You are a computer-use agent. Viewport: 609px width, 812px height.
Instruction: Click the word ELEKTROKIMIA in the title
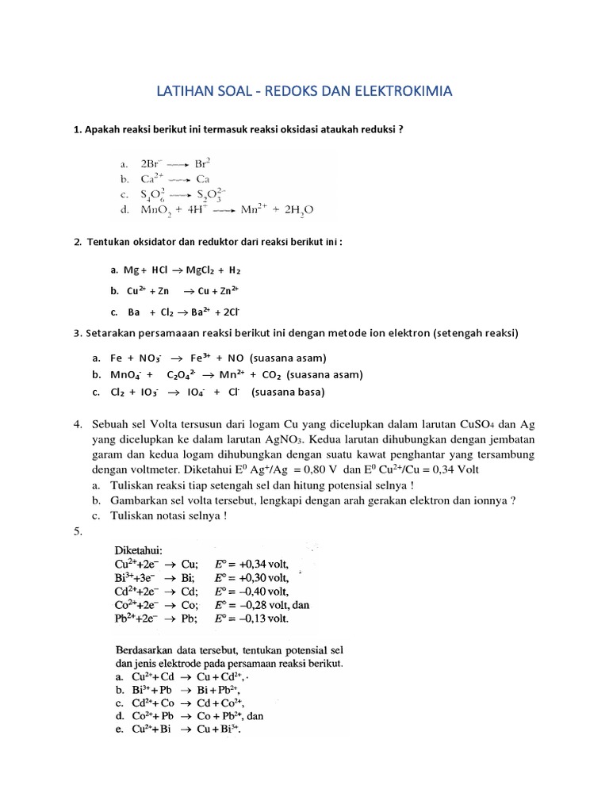click(399, 91)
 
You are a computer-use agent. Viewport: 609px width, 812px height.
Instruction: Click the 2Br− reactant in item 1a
click(154, 163)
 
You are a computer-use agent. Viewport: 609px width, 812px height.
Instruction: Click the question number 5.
click(79, 530)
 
